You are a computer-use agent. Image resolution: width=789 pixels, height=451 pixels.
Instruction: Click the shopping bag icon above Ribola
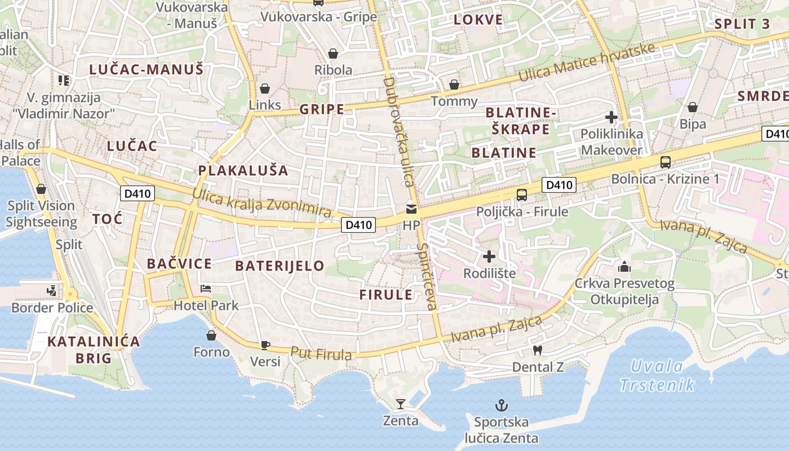point(333,54)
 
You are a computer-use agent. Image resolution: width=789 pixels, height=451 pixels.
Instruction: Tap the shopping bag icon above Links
point(264,89)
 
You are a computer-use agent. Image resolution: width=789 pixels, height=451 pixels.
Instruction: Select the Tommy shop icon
point(454,85)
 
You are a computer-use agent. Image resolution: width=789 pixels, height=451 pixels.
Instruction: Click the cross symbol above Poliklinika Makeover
point(611,118)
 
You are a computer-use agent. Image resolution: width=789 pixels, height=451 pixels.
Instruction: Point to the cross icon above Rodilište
point(489,257)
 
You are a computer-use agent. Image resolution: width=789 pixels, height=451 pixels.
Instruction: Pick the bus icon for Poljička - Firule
point(522,195)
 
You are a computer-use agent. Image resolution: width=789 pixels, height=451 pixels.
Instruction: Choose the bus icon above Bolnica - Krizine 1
point(666,162)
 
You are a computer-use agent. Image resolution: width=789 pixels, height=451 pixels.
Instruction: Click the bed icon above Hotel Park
point(206,289)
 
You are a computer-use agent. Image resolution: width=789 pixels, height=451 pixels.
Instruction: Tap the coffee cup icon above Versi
point(265,345)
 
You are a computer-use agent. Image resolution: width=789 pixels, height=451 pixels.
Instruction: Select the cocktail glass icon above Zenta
point(401,404)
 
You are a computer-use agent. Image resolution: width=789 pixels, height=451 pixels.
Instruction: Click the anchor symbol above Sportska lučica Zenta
point(501,405)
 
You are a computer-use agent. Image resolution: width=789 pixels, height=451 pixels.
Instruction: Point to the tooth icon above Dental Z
point(537,350)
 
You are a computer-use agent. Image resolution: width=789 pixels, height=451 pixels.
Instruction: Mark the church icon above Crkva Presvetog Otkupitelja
point(624,267)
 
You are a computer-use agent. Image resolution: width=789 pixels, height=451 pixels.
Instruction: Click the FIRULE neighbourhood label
point(386,294)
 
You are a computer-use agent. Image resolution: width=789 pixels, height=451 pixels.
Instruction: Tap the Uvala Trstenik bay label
point(657,375)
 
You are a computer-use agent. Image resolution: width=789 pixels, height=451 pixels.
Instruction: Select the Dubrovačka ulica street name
point(399,132)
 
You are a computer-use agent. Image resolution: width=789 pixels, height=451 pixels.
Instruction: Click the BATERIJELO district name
point(280,266)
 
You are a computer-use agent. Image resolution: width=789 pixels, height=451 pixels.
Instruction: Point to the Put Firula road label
point(321,353)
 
